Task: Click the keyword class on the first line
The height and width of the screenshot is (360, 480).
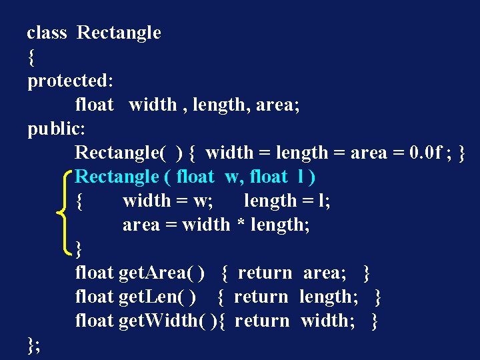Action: (x=47, y=33)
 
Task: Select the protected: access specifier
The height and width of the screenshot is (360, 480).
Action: (x=70, y=81)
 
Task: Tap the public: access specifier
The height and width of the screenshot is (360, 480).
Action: (x=57, y=129)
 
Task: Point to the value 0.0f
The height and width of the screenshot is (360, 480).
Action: (x=425, y=153)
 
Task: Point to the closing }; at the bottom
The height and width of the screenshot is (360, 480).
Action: (x=33, y=345)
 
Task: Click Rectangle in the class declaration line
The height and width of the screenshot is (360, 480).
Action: (x=119, y=33)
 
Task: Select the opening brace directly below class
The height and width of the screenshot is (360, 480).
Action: (x=31, y=57)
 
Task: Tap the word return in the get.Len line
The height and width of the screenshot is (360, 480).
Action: (x=261, y=297)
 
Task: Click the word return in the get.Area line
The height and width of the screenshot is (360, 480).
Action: (x=265, y=273)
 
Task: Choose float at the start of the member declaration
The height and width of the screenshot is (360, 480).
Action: (x=94, y=105)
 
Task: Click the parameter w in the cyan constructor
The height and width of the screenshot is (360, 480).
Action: (x=232, y=177)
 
